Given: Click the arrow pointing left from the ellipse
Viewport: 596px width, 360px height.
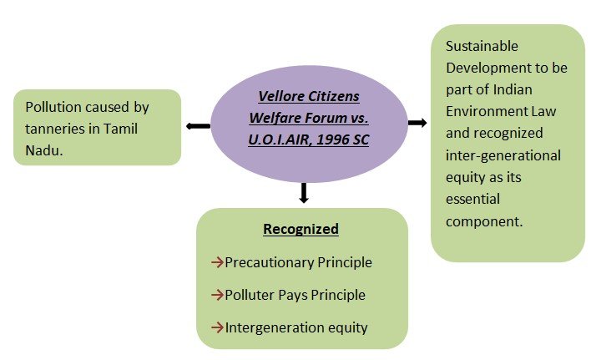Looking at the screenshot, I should tap(198, 126).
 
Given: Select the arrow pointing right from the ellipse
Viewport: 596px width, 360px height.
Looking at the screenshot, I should tap(417, 123).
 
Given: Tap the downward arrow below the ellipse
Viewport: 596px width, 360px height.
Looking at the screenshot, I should tap(303, 193).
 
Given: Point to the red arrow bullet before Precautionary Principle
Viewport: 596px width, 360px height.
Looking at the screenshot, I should tap(217, 262).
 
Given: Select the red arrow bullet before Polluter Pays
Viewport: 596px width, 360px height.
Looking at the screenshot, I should tap(217, 295).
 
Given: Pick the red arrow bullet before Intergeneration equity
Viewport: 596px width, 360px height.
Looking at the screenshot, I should tap(217, 327).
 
